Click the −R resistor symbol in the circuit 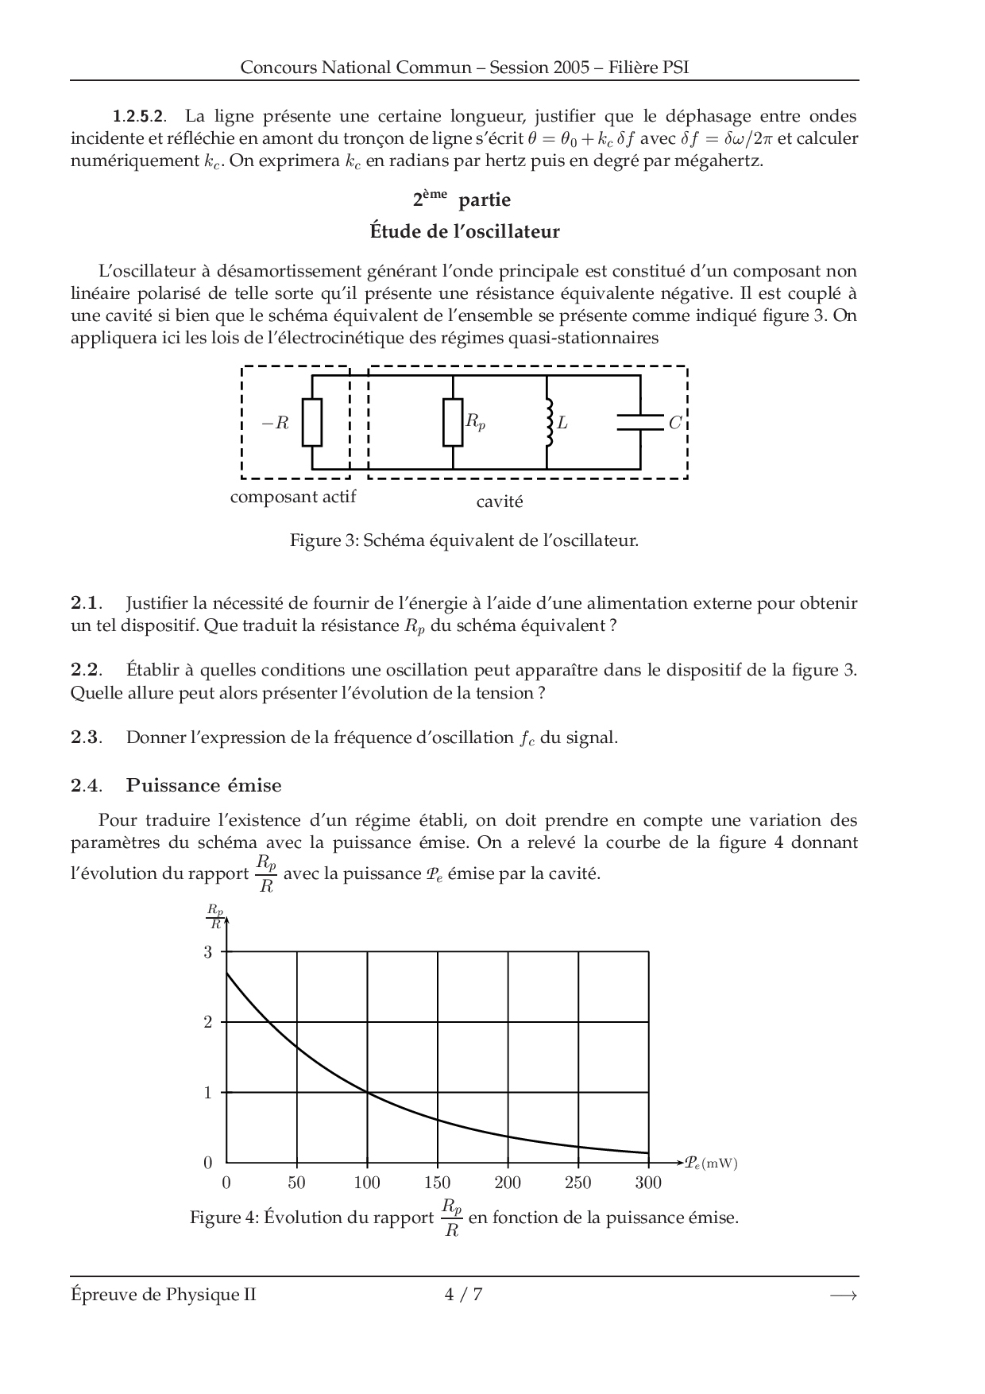point(312,422)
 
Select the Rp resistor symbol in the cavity point(452,422)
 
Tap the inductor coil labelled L point(547,422)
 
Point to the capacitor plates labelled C point(640,422)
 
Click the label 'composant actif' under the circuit point(293,498)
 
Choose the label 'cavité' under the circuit point(500,502)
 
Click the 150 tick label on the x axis point(438,1183)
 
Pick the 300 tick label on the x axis point(648,1183)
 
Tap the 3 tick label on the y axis point(208,952)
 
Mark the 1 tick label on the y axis point(208,1093)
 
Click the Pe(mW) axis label point(711,1164)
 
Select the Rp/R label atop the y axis point(215,916)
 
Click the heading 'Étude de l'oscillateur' point(465,232)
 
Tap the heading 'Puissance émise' point(203,786)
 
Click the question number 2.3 point(86,738)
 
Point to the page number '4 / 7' point(464,1295)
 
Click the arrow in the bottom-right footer point(843,1295)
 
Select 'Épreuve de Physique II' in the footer point(164,1295)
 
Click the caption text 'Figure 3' point(324,541)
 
